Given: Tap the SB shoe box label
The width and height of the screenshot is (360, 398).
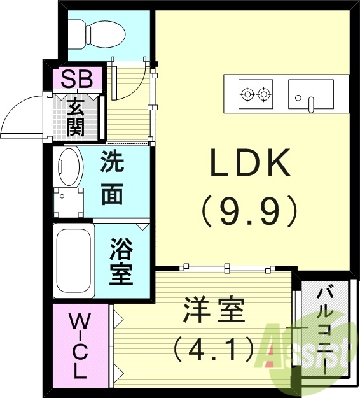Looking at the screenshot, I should coord(77,80).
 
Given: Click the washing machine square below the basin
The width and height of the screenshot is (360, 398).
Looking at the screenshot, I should coord(67,202).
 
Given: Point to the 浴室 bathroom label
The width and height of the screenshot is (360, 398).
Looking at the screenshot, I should coord(121,261).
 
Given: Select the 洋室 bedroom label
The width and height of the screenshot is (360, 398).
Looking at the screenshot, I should coord(214,313).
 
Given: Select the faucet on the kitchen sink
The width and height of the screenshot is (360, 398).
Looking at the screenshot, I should coord(312,103).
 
